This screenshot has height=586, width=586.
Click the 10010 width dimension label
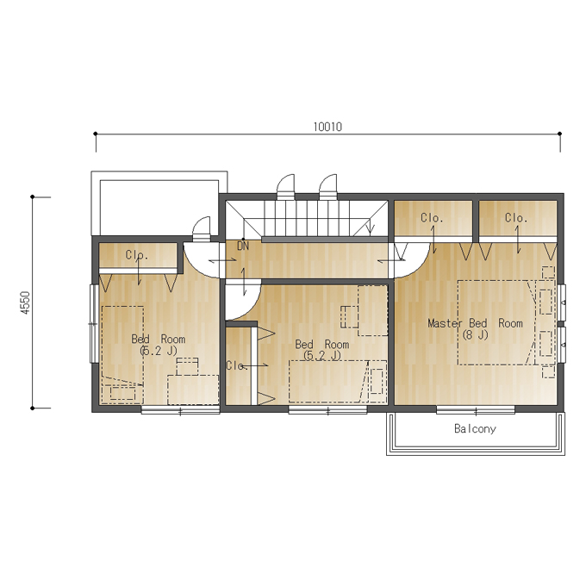pos(327,127)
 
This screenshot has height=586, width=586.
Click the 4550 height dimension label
pos(25,302)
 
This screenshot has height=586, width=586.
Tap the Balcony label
pos(475,428)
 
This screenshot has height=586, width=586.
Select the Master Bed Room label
pos(475,323)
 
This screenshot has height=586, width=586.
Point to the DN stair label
pos(243,246)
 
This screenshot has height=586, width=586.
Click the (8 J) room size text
pos(475,335)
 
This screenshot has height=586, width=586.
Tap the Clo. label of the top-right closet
pos(516,217)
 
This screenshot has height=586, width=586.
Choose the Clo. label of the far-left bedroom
pos(137,255)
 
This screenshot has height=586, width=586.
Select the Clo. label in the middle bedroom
pos(237,365)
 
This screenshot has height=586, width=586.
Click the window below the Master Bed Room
pos(476,410)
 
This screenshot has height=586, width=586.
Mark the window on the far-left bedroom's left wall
pos(93,324)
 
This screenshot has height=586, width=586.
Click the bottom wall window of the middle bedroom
pos(327,410)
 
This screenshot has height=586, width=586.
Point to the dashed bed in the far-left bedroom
pos(122,355)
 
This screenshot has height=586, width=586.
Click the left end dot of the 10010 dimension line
pos(96,134)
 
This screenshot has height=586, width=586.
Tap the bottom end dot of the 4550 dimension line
pos(33,408)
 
